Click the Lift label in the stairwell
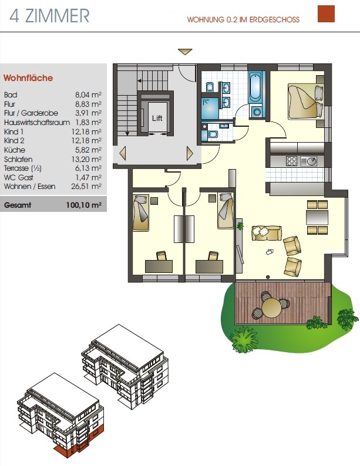[x=157, y=118]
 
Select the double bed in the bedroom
[x=305, y=102]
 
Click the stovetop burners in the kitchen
[x=291, y=161]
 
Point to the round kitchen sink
[x=311, y=161]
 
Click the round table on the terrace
[x=271, y=308]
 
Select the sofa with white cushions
[x=267, y=232]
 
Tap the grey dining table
[x=317, y=217]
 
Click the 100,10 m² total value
[x=83, y=205]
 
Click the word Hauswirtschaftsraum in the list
[x=37, y=122]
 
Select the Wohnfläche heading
[x=28, y=78]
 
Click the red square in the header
[x=326, y=13]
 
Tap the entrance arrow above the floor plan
[x=185, y=52]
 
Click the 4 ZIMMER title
[x=49, y=16]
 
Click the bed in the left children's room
[x=140, y=212]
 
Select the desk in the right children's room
[x=209, y=266]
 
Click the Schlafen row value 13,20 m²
[x=86, y=159]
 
